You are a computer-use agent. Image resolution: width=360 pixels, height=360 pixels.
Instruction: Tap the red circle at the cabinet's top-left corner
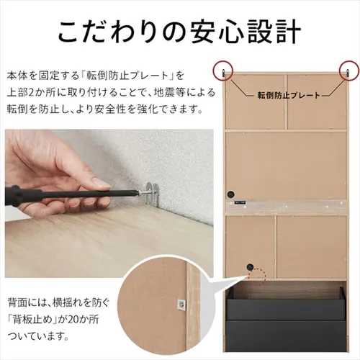(224, 70)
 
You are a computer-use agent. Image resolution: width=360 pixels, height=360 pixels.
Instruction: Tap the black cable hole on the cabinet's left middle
(233, 194)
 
